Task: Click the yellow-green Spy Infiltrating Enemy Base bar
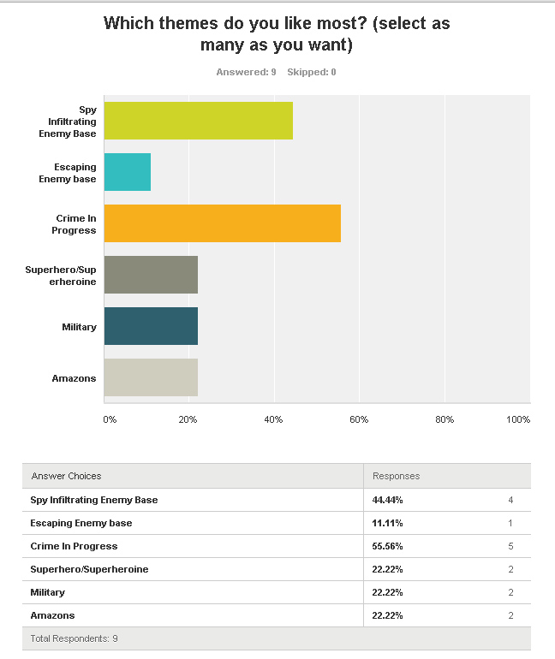coord(199,121)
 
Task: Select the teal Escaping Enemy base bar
coord(128,172)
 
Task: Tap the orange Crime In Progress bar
coord(223,223)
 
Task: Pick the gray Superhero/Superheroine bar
coord(151,275)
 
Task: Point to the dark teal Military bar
coord(151,326)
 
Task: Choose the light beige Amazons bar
coord(151,377)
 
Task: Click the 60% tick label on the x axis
coord(359,419)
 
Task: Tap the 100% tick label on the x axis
coord(518,419)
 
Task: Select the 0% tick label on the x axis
coord(110,419)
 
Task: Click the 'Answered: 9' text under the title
coord(246,72)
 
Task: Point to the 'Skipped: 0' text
coord(312,72)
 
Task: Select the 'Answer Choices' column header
coord(66,476)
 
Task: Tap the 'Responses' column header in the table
coord(397,476)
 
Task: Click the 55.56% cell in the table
coord(388,546)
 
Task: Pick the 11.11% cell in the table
coord(388,523)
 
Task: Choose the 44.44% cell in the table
coord(388,500)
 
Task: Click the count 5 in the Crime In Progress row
coord(510,546)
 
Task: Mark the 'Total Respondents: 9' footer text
coord(75,639)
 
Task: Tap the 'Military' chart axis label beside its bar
coord(79,327)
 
